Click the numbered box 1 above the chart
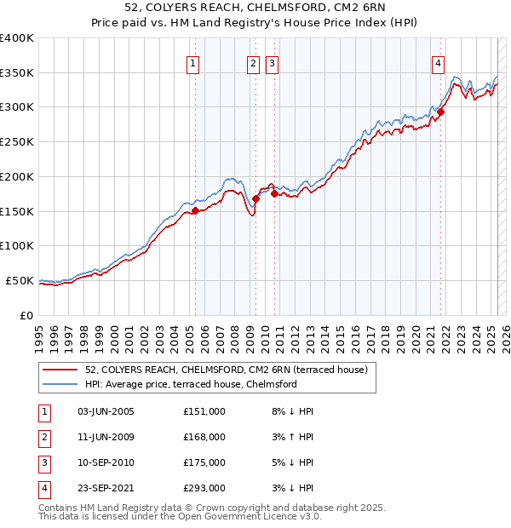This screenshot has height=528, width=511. (x=193, y=62)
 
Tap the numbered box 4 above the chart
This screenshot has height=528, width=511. (x=438, y=62)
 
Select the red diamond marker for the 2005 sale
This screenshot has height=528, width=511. (x=195, y=210)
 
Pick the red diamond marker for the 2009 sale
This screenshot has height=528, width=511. (x=255, y=198)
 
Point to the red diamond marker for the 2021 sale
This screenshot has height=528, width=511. (x=441, y=112)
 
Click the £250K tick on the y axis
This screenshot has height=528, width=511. (x=17, y=141)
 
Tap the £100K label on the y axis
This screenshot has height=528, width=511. (x=17, y=245)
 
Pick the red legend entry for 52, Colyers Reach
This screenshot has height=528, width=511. (x=226, y=370)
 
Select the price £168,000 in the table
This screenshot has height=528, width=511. (x=204, y=437)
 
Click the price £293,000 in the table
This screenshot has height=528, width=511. (x=204, y=488)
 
